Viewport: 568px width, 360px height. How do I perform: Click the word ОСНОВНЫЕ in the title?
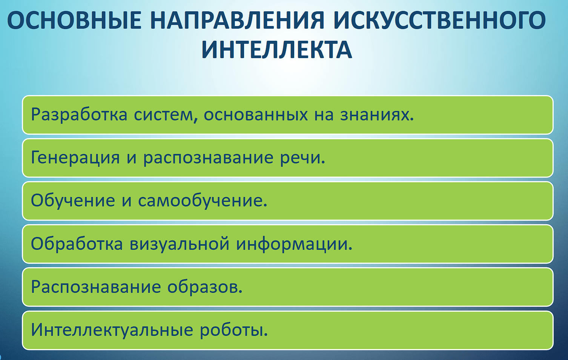pos(74,20)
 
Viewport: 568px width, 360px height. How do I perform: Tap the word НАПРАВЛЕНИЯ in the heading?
pos(237,20)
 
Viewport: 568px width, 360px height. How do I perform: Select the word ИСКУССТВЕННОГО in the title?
pos(439,20)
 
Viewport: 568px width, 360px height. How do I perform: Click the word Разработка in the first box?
pos(79,114)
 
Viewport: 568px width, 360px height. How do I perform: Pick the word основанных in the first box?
pos(256,114)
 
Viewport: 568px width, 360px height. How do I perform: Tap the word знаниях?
pos(377,114)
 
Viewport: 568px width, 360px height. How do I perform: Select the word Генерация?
pos(75,158)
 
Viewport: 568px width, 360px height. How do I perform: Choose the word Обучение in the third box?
pos(73,200)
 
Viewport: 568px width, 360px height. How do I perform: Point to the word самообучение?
pos(203,200)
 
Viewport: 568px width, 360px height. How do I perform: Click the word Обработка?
pos(77,243)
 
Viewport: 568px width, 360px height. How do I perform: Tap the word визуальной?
pos(180,243)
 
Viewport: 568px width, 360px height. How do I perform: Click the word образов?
pos(205,287)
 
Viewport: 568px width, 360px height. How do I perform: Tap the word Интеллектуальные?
pos(112,330)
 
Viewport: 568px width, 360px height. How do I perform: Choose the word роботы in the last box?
pos(234,330)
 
